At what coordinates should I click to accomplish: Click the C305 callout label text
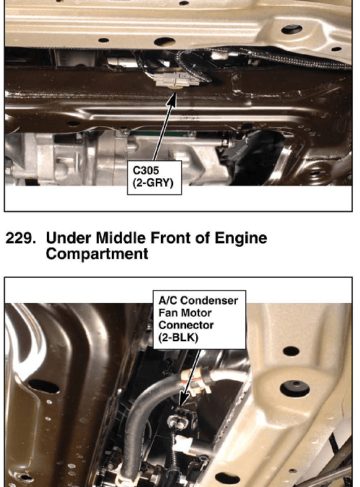(146, 170)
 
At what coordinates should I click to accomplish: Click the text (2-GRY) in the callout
(153, 183)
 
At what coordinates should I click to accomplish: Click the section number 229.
(20, 239)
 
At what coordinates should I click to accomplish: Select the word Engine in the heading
(241, 239)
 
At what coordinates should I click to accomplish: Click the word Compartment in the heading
(97, 255)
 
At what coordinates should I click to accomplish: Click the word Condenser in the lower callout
(209, 301)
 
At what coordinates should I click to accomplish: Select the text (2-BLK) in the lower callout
(178, 338)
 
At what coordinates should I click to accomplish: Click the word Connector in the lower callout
(185, 325)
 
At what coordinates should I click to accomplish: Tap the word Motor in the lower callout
(196, 312)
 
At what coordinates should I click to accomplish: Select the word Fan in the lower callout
(168, 312)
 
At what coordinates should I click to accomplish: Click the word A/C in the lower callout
(168, 301)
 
